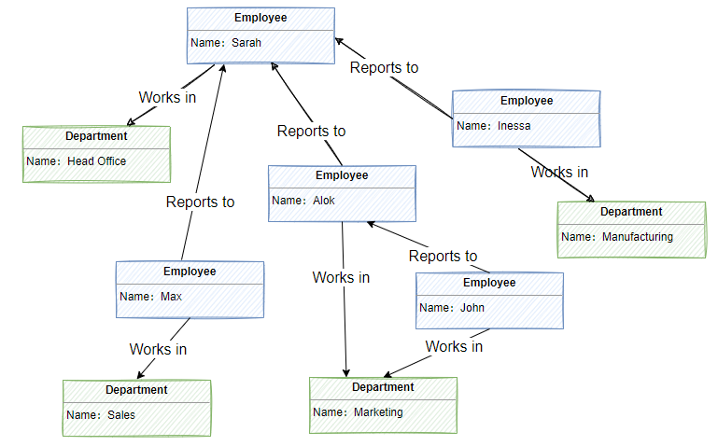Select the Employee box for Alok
tap(342, 193)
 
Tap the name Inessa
tap(514, 126)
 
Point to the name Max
tap(171, 298)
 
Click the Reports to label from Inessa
tap(384, 68)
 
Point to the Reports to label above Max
tap(200, 202)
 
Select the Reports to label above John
tap(443, 256)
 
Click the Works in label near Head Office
tap(167, 97)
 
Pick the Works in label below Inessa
tap(559, 172)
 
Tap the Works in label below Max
tap(158, 349)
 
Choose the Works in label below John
tap(454, 346)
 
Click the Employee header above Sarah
tap(260, 18)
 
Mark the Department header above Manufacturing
tap(631, 212)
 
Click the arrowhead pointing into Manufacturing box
tap(590, 198)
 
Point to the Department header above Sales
tap(136, 390)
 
